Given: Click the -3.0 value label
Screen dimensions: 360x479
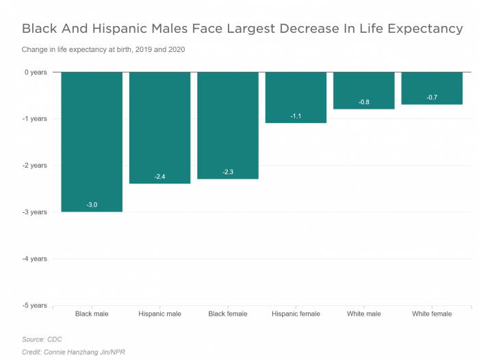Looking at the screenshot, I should pyautogui.click(x=92, y=205).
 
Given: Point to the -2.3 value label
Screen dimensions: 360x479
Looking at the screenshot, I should pyautogui.click(x=228, y=172).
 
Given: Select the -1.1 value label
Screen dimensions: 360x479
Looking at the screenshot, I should pyautogui.click(x=296, y=116).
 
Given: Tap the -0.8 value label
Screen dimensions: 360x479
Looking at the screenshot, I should pyautogui.click(x=364, y=102).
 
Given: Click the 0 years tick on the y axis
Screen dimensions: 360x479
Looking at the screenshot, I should pyautogui.click(x=35, y=72).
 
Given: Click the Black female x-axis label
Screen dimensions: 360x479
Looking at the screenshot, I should pyautogui.click(x=228, y=314).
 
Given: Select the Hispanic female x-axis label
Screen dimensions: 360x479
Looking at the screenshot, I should pyautogui.click(x=296, y=314).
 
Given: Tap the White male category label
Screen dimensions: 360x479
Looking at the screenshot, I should pyautogui.click(x=364, y=314).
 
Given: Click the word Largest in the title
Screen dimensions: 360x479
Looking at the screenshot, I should pyautogui.click(x=282, y=29).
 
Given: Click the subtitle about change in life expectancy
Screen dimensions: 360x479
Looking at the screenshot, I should pyautogui.click(x=103, y=49).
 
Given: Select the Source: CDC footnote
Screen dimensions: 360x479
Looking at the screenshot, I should pyautogui.click(x=42, y=339).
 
